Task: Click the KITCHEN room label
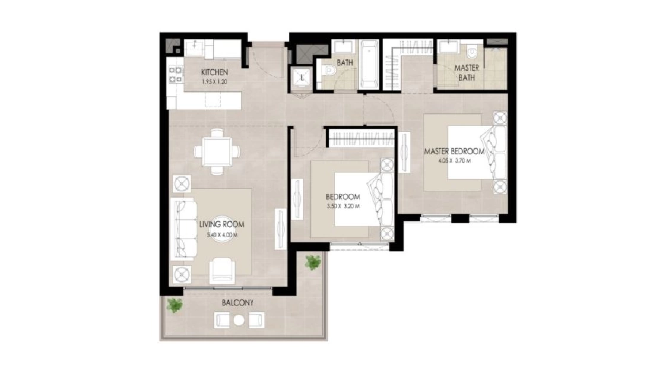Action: tap(214, 72)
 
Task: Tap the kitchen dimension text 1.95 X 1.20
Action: tap(214, 82)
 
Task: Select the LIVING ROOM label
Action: tap(222, 224)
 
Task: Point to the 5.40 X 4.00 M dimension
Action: tap(223, 235)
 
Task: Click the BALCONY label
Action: tap(237, 303)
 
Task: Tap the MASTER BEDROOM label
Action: tap(454, 151)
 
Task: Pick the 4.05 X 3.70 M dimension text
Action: tap(454, 161)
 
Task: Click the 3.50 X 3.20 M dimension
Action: tap(343, 206)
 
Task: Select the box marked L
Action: tap(302, 77)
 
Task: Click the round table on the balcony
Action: tap(239, 320)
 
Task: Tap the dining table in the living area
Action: tap(217, 151)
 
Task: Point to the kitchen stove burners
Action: tap(176, 75)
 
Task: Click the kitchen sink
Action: tap(195, 48)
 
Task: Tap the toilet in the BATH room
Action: tap(329, 70)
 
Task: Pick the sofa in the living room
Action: tap(183, 229)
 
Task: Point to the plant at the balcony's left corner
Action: tap(174, 305)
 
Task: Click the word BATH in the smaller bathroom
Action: tap(345, 63)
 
